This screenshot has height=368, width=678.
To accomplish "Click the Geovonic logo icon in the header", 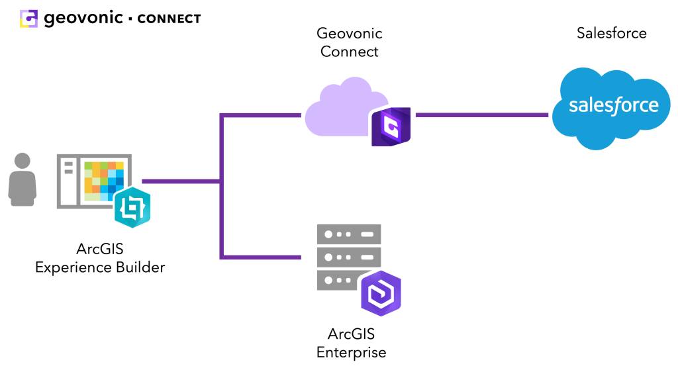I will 29,19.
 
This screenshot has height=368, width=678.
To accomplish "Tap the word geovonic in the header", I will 83,19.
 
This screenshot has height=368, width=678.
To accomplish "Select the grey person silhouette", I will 23,179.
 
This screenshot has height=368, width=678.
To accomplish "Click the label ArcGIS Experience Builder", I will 100,259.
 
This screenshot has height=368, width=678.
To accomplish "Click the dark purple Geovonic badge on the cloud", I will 391,126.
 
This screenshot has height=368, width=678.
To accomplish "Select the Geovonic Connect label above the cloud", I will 350,42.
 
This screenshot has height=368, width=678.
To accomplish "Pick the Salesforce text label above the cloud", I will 611,33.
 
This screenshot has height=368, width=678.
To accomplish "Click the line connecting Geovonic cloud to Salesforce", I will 481,115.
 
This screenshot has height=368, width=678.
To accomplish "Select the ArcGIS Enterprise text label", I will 351,343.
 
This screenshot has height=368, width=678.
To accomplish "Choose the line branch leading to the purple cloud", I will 262,115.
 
